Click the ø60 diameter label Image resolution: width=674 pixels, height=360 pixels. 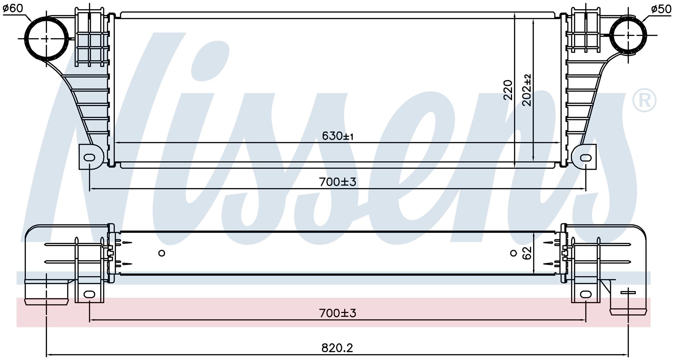click(13, 9)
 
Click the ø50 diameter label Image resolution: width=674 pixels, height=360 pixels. click(661, 9)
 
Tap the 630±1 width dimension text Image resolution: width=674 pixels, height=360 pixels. click(338, 136)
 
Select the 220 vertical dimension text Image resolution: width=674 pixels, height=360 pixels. click(508, 90)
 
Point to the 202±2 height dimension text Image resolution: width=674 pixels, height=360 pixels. click(527, 90)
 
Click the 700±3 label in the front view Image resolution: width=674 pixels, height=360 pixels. click(338, 182)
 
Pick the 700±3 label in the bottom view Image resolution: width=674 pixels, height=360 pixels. click(338, 313)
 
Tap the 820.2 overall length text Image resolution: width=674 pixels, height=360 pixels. click(337, 348)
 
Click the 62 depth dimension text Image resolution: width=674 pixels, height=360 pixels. click(527, 253)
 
